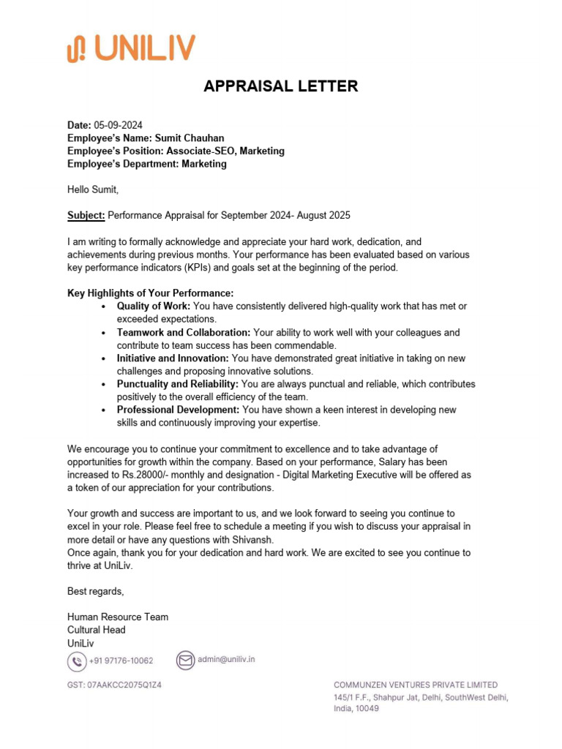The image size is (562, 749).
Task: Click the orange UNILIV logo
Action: (x=131, y=48)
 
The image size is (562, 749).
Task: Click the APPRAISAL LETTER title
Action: (x=281, y=86)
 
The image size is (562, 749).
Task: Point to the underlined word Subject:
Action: (x=86, y=215)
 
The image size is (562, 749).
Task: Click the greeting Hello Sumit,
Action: (x=93, y=189)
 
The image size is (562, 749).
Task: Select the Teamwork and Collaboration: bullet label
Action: (x=184, y=332)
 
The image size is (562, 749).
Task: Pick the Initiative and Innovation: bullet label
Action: (x=173, y=358)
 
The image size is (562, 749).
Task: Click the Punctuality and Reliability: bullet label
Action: (x=178, y=384)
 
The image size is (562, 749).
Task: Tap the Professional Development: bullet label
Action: (x=178, y=410)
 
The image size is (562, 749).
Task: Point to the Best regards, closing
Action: (x=96, y=591)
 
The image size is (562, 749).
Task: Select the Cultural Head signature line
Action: (x=97, y=630)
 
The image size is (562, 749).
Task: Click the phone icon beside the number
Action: (x=76, y=661)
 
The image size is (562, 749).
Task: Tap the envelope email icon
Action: (x=185, y=660)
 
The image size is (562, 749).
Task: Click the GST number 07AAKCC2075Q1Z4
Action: (x=114, y=686)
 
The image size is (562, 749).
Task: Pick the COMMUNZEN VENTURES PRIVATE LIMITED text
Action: (x=416, y=685)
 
